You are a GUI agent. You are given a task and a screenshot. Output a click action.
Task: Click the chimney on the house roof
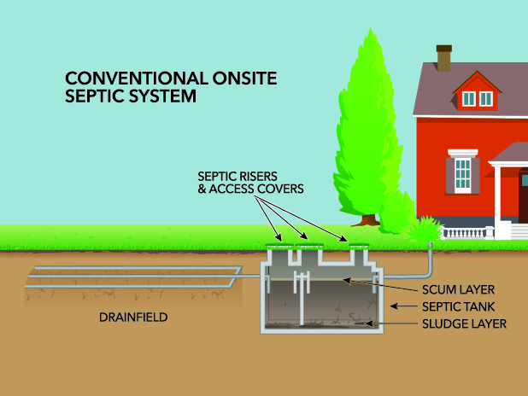point(443,59)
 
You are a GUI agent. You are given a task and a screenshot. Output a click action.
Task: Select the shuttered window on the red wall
point(462,173)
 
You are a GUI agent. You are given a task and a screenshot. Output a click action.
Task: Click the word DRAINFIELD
point(133,317)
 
